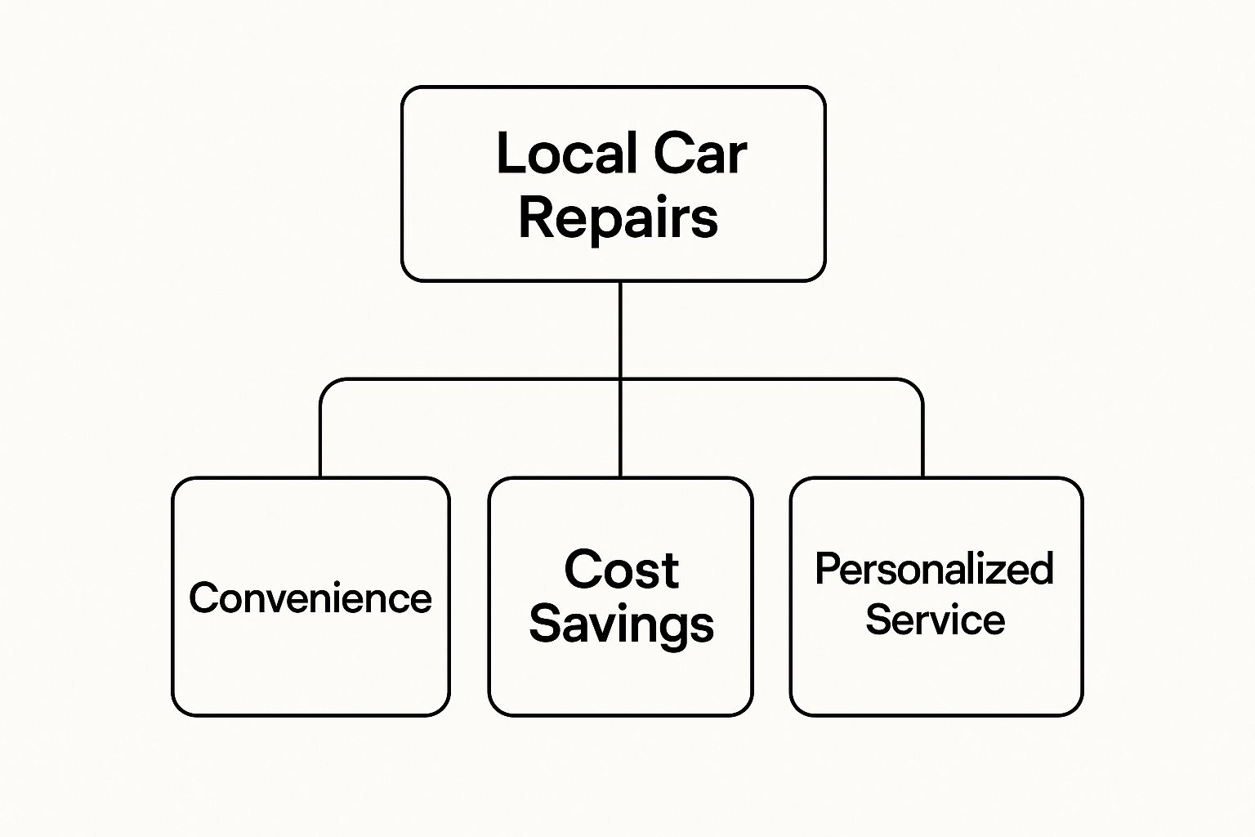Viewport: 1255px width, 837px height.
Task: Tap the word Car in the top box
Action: pos(700,154)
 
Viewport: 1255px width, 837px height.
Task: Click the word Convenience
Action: pos(310,598)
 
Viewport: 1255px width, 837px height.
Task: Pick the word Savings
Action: pos(621,624)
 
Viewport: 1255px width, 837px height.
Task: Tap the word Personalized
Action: pos(935,569)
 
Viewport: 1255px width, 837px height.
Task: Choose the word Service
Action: pos(935,620)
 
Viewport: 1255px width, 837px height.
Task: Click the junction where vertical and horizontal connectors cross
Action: pos(620,379)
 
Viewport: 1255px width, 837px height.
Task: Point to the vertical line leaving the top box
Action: pos(620,327)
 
